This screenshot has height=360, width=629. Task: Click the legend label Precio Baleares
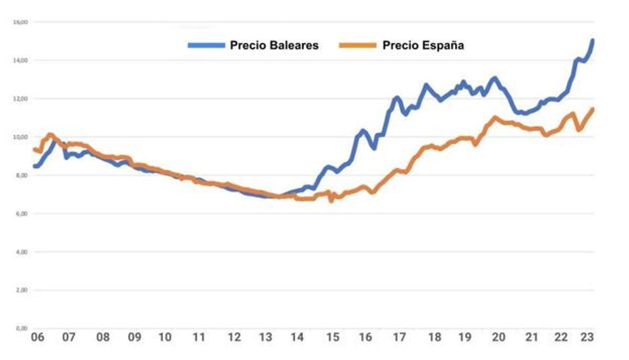[274, 45]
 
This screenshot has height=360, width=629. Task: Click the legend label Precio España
[423, 45]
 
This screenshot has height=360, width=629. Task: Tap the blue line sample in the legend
[207, 45]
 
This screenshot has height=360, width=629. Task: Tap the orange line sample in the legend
[358, 45]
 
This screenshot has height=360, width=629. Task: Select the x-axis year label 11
[199, 337]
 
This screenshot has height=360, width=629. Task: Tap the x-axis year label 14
[297, 337]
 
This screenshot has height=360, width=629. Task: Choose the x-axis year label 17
[400, 337]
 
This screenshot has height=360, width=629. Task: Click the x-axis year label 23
[588, 337]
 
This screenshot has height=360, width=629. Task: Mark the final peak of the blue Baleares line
[592, 40]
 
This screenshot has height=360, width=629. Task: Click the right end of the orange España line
[592, 109]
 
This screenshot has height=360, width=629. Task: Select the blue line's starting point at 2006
[35, 166]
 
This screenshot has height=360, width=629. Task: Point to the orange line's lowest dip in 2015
[331, 200]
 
